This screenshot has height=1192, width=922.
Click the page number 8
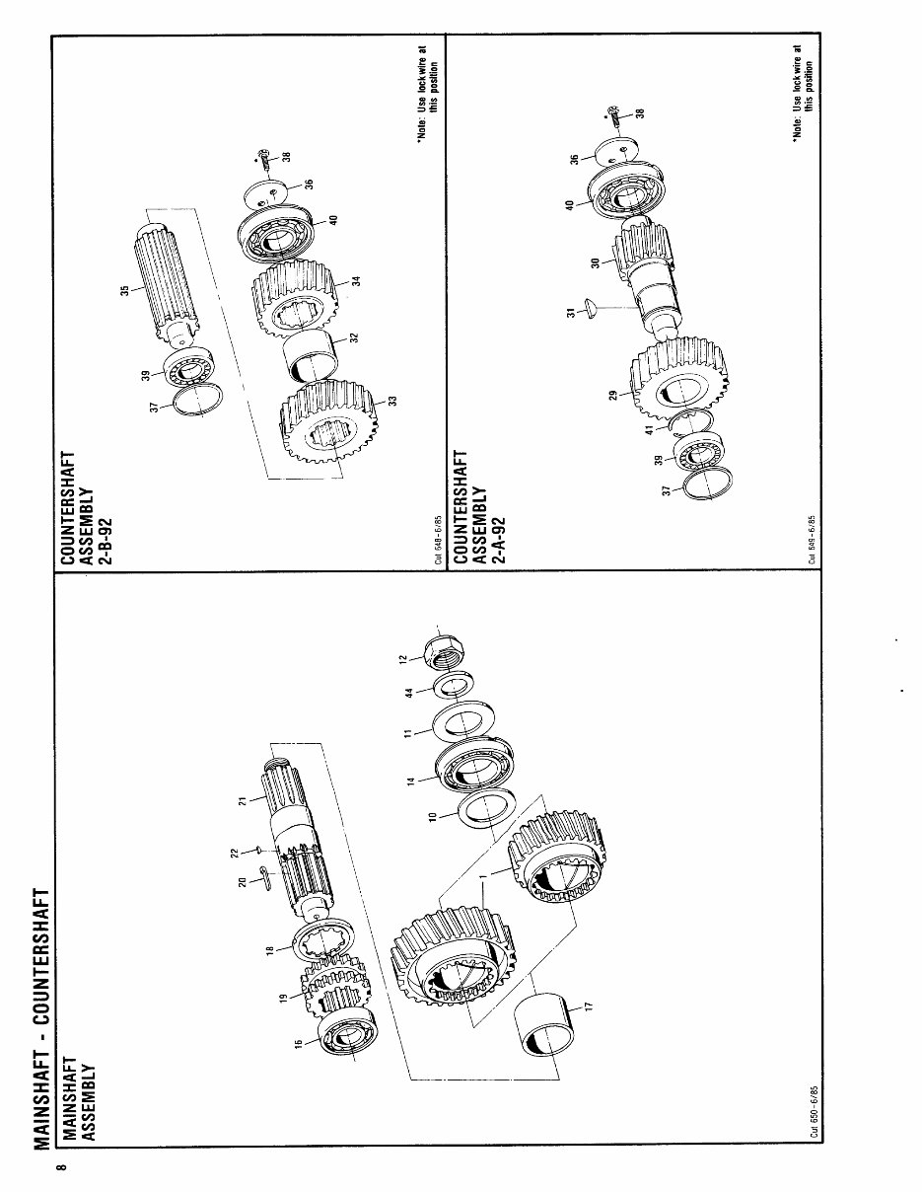pyautogui.click(x=60, y=1170)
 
